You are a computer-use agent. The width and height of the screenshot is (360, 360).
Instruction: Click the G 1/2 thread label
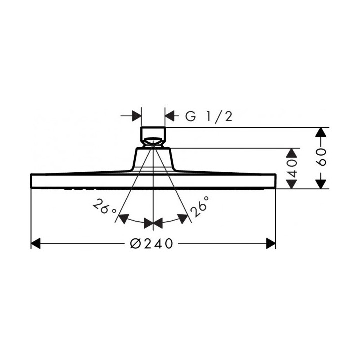coord(209,116)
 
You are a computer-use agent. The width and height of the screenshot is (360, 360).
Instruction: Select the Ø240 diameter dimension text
coord(151,243)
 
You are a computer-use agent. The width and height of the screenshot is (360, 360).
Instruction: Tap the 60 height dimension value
coord(321,157)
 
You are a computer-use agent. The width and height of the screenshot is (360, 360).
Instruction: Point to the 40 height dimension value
coord(292,168)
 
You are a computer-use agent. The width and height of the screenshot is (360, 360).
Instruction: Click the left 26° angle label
coord(104,207)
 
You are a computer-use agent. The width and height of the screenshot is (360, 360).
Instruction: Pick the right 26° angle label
coord(199,206)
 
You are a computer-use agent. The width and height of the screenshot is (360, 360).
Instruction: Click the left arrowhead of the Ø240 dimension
coord(36,243)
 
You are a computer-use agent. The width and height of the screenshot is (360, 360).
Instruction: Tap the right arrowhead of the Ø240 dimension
coord(271,243)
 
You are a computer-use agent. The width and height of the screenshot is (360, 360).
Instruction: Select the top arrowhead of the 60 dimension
coord(321,132)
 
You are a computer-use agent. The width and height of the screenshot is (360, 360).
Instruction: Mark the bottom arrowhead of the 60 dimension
coord(321,184)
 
